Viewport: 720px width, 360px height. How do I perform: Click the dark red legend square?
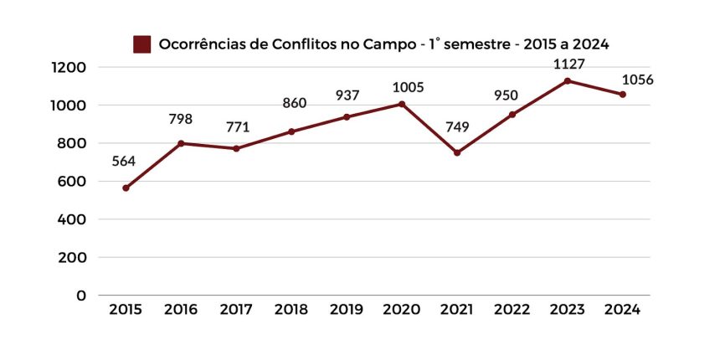pos(141,44)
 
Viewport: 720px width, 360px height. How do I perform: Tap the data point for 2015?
pos(126,188)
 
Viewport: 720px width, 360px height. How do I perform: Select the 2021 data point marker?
pos(457,153)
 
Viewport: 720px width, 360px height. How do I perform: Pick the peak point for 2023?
pos(568,81)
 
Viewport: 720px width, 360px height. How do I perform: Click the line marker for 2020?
pos(402,104)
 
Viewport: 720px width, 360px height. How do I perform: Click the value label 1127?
pos(568,64)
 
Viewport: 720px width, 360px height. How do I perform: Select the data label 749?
pos(457,126)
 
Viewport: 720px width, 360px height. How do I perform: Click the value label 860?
pos(294,103)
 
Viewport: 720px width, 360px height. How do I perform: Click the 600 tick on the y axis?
pos(73,182)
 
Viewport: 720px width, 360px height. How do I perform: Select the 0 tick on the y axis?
pos(80,296)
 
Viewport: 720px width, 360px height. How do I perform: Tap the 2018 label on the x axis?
pos(291,310)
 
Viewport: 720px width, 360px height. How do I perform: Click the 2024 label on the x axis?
pos(622,310)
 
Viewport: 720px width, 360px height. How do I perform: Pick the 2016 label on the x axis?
pos(181,310)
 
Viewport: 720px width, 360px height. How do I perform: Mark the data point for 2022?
pos(512,115)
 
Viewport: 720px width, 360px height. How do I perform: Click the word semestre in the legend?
pos(474,44)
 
